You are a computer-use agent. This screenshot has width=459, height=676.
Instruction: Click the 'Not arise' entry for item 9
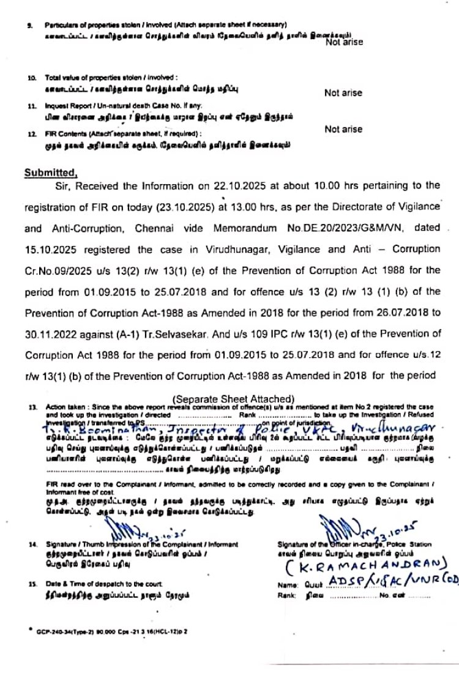[343, 42]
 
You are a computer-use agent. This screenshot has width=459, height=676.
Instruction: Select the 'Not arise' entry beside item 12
[343, 129]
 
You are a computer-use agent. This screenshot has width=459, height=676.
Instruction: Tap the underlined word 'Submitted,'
[51, 173]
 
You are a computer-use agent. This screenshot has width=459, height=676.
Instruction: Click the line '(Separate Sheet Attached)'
[234, 399]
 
